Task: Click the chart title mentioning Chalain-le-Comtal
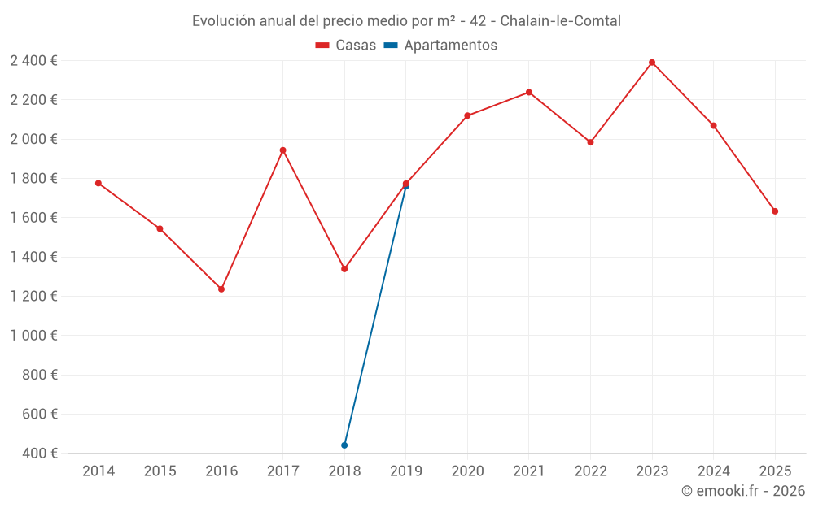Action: [x=406, y=21]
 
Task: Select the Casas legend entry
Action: [x=346, y=46]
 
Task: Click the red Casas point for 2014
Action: [x=98, y=183]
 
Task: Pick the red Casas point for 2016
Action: [x=221, y=289]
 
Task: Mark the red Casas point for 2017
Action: [x=282, y=150]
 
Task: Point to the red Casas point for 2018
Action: [x=344, y=269]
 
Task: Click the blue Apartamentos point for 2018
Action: [x=344, y=445]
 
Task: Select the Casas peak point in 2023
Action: [x=652, y=63]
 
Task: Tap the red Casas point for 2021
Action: [x=529, y=93]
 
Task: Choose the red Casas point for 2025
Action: [x=775, y=211]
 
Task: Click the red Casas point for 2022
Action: [x=590, y=142]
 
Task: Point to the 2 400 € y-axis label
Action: [x=33, y=60]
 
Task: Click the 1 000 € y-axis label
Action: [x=33, y=336]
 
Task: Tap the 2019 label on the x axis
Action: [x=405, y=471]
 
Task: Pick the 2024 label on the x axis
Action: [x=713, y=471]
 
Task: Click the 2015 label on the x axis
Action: [x=160, y=471]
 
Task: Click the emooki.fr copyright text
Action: [x=742, y=491]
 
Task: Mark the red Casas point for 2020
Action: [x=467, y=115]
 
